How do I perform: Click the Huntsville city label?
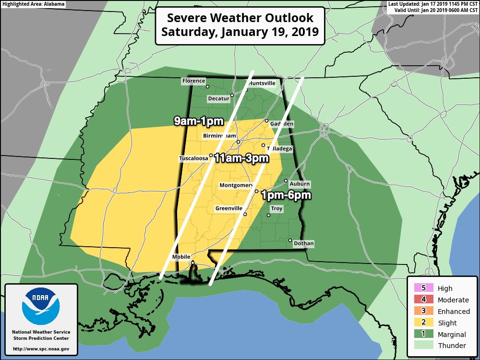(262, 83)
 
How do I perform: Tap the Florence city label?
(193, 81)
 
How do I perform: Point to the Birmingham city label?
(219, 136)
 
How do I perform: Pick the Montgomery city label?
(236, 185)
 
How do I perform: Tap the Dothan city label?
(303, 244)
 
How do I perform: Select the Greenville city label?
(228, 209)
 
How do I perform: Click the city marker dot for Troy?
(269, 215)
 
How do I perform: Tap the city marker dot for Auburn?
(286, 181)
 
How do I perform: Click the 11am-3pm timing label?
(241, 158)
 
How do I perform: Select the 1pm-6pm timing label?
(287, 195)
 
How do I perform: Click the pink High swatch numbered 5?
(423, 288)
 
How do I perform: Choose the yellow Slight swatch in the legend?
(423, 323)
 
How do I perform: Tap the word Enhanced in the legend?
(454, 311)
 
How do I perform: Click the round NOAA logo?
(41, 306)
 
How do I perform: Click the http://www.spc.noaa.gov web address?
(41, 349)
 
